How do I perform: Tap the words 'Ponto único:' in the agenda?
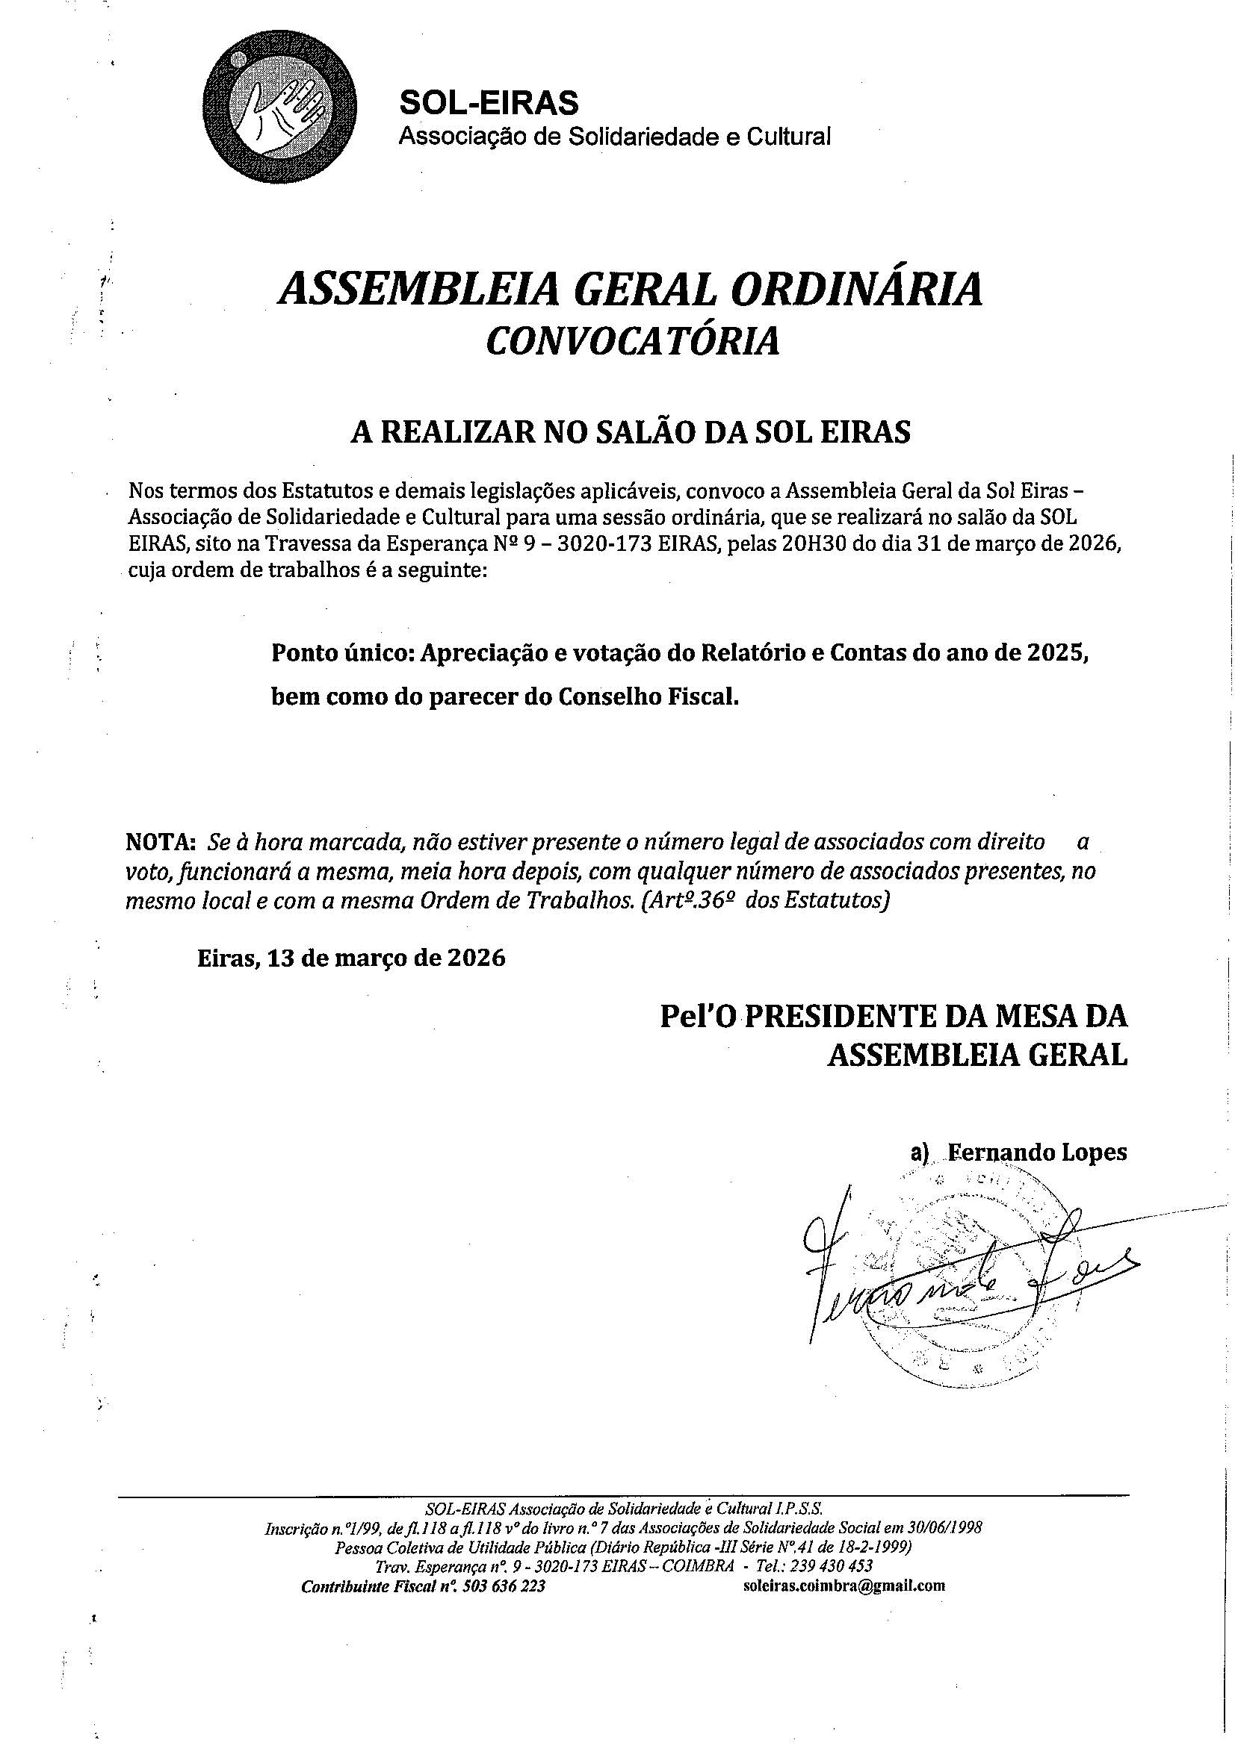tap(342, 654)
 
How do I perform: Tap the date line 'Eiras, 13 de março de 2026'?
tap(352, 958)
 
